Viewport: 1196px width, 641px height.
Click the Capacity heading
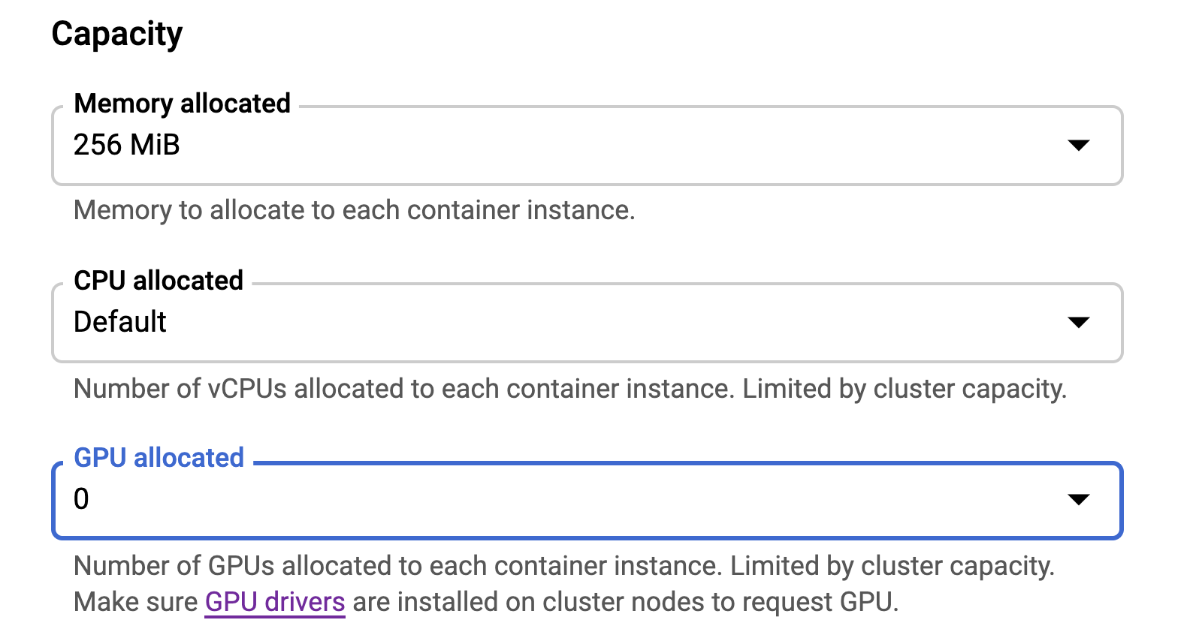117,35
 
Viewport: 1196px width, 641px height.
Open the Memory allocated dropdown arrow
1078,145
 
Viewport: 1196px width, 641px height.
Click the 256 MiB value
126,145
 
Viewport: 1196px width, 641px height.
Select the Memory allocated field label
182,103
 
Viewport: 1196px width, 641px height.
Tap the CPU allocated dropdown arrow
1078,322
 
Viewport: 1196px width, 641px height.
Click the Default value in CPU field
120,321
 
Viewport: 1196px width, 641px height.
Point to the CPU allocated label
159,281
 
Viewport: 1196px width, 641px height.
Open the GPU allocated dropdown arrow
1078,499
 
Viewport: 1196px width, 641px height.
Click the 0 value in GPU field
81,499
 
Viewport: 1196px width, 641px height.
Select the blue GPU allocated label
159,458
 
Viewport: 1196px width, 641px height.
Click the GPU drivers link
275,602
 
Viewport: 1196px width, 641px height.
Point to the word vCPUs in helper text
247,389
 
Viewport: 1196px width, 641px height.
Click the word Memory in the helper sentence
122,210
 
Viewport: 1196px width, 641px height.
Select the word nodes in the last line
696,602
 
